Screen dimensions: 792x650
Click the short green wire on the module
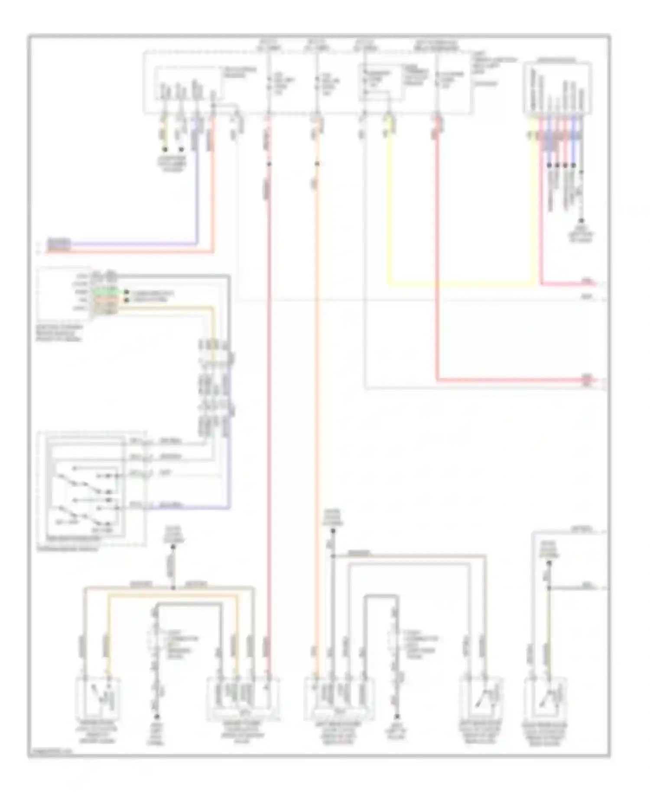click(x=106, y=292)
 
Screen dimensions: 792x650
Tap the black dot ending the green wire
click(x=127, y=292)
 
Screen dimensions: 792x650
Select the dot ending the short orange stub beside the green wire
click(x=127, y=300)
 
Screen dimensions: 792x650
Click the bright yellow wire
click(x=459, y=285)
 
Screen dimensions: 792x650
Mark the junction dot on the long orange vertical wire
click(x=317, y=164)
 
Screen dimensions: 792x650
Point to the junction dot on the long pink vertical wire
click(x=269, y=164)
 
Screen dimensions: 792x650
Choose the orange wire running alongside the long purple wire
click(x=130, y=251)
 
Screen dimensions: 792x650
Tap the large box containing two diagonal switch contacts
click(x=87, y=490)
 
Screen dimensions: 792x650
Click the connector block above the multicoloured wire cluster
click(x=557, y=89)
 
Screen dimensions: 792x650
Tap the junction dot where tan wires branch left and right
click(x=173, y=588)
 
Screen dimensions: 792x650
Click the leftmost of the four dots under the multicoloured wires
click(x=549, y=165)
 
